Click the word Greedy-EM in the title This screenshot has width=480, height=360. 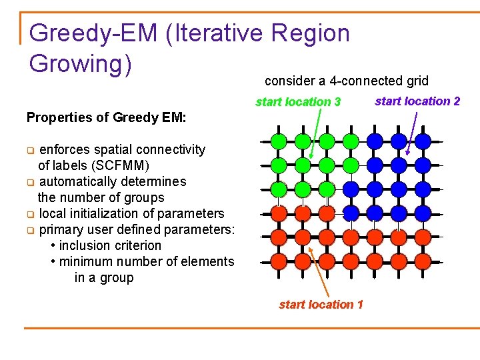pyautogui.click(x=93, y=33)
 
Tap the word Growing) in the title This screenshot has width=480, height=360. pyautogui.click(x=81, y=64)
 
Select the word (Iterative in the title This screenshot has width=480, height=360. pyautogui.click(x=217, y=33)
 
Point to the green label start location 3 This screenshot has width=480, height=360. pyautogui.click(x=298, y=102)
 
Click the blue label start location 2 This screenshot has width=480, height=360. pyautogui.click(x=417, y=101)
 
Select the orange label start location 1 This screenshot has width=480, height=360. pyautogui.click(x=321, y=305)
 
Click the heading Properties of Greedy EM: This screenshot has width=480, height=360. pyautogui.click(x=107, y=118)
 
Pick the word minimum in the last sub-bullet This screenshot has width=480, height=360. pyautogui.click(x=84, y=261)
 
